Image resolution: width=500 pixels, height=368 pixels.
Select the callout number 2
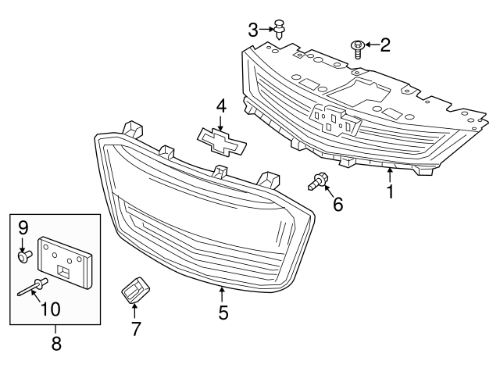pos(384,45)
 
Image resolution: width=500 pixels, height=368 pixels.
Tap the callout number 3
pos(253,30)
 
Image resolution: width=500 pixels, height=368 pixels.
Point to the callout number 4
pos(221,105)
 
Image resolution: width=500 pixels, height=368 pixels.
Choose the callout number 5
pos(223,313)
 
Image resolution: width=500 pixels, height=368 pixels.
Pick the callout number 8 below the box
pos(55,343)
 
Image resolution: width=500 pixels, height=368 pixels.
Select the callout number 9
pos(23,227)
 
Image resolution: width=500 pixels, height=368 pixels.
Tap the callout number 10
pos(50,309)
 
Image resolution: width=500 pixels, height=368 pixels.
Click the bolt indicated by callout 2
pos(357,48)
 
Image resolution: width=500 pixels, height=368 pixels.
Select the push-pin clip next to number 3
pos(280,31)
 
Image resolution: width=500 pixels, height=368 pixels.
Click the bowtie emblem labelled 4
pos(222,139)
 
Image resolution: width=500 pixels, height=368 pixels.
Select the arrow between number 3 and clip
pos(266,30)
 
